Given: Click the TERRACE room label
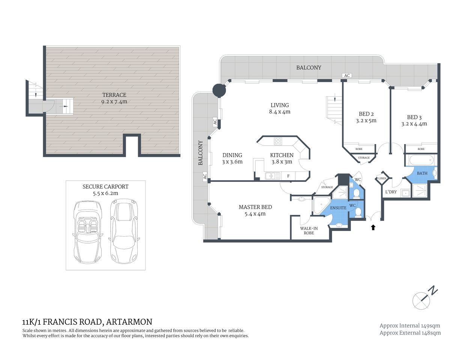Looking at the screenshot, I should [x=114, y=95].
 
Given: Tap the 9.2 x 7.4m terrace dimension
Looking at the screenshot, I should [x=114, y=102].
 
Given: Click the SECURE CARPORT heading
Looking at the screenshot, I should [x=105, y=186].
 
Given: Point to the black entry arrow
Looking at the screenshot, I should [x=373, y=227].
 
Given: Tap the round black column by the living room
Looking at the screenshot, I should [x=219, y=90].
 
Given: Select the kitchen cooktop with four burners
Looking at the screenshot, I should [x=278, y=141].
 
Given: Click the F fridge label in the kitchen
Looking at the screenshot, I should [x=288, y=175].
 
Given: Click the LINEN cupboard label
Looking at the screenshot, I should [x=382, y=178].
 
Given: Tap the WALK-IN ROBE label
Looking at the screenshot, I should [x=309, y=231].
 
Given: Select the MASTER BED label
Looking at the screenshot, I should [x=255, y=207].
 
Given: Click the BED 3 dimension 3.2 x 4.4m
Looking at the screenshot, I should [x=414, y=124].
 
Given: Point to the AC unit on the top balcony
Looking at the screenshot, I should [x=347, y=76].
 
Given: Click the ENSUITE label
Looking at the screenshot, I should [x=338, y=208].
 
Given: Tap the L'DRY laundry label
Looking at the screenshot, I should [x=391, y=192].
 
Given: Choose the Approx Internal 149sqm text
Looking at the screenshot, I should [x=410, y=325].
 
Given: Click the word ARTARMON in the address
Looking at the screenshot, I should [x=129, y=322].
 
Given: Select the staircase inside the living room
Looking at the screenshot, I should [x=334, y=110].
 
